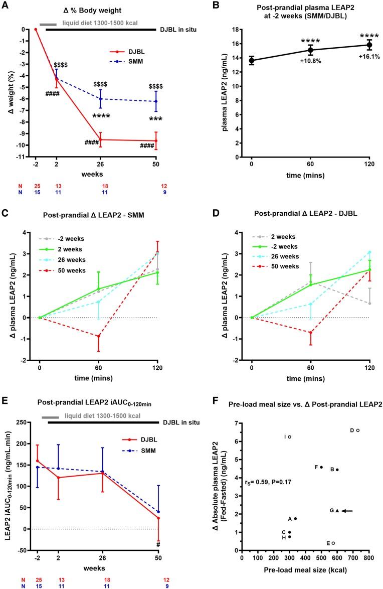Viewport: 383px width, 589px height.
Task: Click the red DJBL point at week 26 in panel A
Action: (101, 139)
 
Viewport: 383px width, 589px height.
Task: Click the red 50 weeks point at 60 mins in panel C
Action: (99, 336)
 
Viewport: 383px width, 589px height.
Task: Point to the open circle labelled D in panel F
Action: (358, 416)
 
